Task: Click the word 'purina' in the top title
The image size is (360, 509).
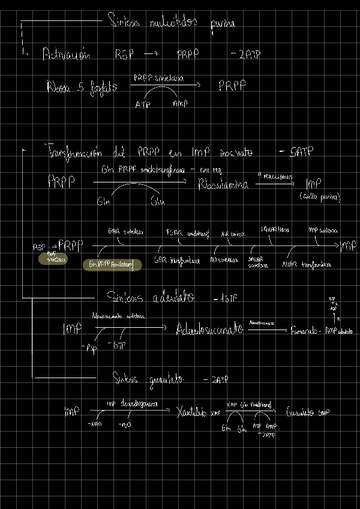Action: point(222,23)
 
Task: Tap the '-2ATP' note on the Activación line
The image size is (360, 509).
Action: point(245,55)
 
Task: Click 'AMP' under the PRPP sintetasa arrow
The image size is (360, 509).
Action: point(180,104)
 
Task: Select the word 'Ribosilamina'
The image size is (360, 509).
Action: point(223,185)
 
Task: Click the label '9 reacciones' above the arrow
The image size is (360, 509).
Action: point(275,176)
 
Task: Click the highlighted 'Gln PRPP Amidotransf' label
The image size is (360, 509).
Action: point(112,265)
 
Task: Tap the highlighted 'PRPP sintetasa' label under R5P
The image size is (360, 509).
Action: point(52,259)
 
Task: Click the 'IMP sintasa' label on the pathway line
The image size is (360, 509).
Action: point(323,230)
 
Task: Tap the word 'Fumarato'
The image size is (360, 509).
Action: point(304,331)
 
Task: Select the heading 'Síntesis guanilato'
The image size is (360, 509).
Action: point(148,379)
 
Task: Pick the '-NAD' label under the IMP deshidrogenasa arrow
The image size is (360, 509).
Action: point(94,424)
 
